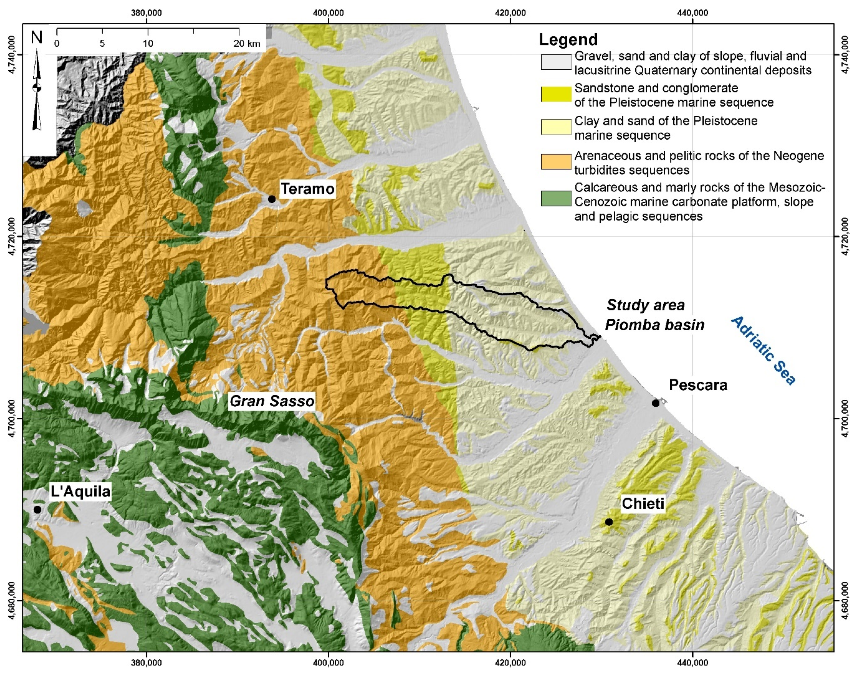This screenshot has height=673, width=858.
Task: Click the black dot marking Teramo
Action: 272,199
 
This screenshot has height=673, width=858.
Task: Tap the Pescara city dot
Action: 656,403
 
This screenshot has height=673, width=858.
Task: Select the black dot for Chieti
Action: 609,522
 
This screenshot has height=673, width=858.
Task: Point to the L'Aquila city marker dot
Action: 37,510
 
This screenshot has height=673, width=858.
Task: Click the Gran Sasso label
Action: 272,401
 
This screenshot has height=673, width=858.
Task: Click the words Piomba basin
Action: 655,325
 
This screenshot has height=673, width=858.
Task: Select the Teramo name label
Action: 308,189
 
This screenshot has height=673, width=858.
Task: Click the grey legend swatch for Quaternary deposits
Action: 556,63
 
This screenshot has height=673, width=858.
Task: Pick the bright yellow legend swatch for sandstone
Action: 556,94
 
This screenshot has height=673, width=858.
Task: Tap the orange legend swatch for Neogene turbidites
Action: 556,162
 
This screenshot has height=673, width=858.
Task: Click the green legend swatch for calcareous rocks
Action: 556,198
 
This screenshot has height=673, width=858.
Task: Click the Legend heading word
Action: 568,39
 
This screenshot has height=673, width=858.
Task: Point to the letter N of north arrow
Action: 37,37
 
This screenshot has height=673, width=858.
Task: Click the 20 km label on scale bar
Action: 247,43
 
